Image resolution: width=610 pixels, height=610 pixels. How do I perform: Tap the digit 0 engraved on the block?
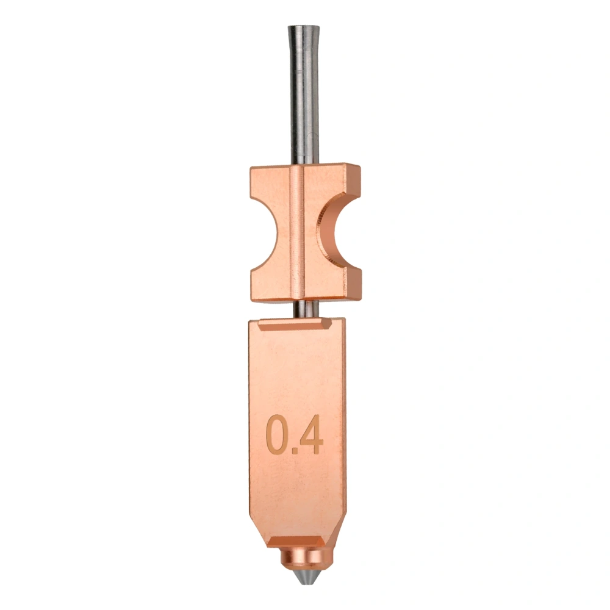(278, 434)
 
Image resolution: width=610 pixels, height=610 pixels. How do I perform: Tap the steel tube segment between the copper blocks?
(304, 309)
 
